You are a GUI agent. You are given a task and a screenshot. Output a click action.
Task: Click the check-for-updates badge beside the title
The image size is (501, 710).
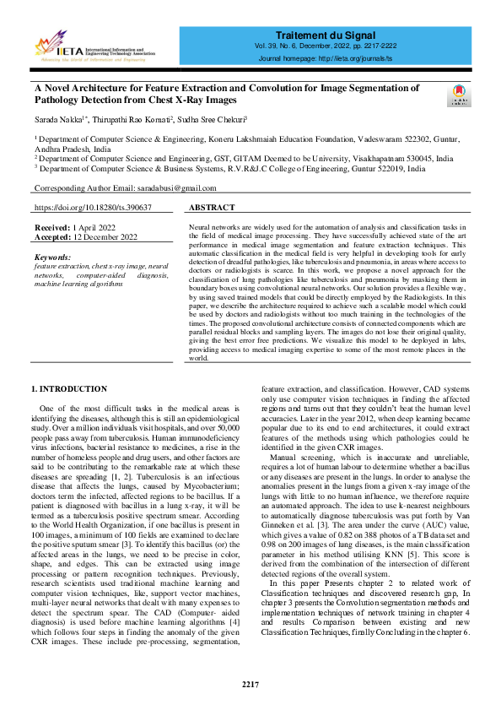(x=459, y=95)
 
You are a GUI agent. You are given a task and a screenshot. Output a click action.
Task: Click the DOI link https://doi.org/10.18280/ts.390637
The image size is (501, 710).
(x=93, y=207)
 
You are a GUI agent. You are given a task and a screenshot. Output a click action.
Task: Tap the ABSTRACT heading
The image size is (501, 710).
(x=212, y=207)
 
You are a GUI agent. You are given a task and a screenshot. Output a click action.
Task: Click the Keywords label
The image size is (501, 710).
(x=55, y=256)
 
